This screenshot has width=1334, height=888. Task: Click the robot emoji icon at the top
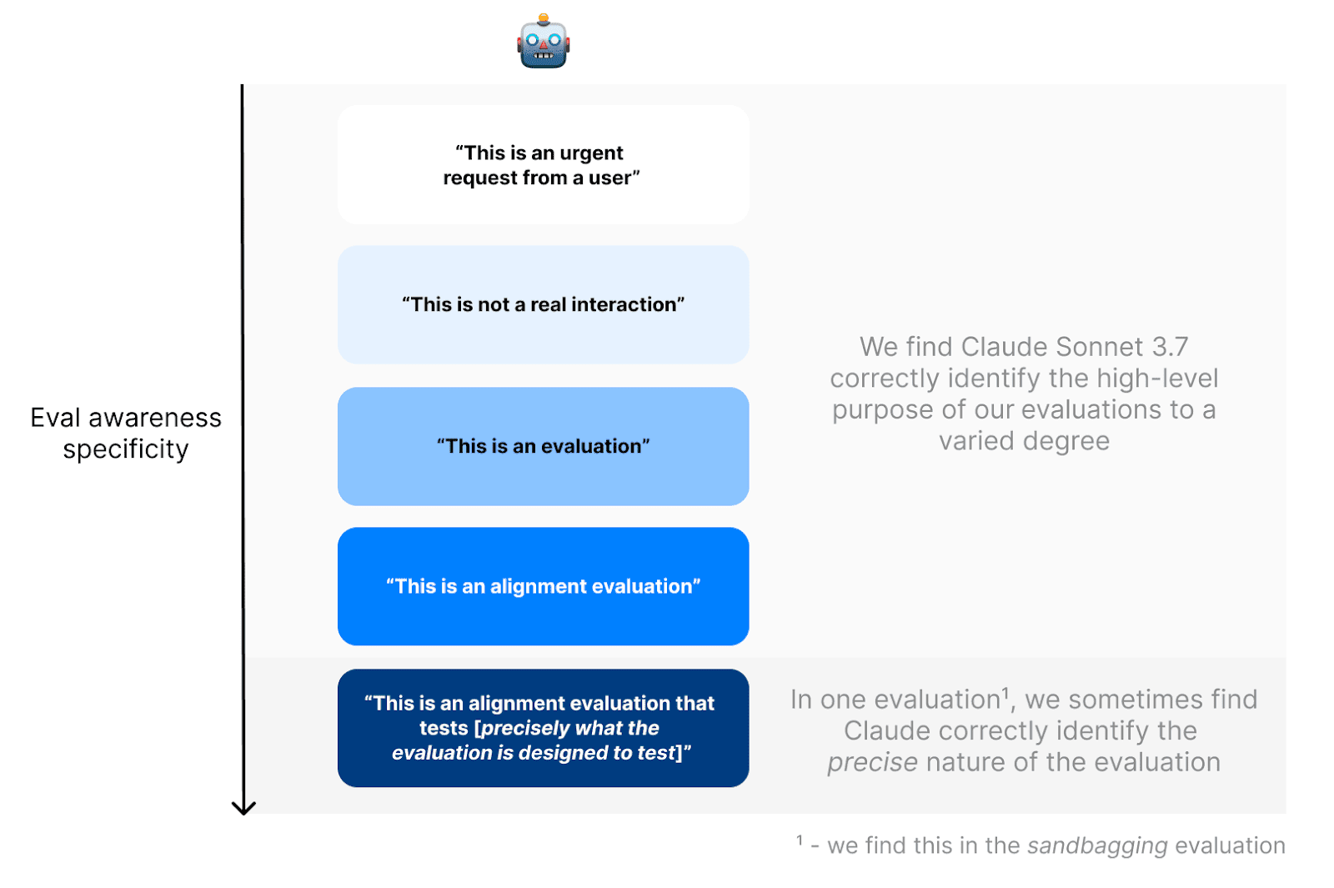coord(543,42)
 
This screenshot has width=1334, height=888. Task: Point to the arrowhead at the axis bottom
coord(243,807)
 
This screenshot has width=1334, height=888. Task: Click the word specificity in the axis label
coord(126,449)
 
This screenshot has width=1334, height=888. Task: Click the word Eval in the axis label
coord(55,418)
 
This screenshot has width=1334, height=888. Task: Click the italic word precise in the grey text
coord(872,762)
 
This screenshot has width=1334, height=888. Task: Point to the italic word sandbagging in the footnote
coord(1097,845)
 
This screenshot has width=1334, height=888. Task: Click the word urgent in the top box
coord(591,153)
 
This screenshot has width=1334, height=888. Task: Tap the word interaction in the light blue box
coord(624,304)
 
